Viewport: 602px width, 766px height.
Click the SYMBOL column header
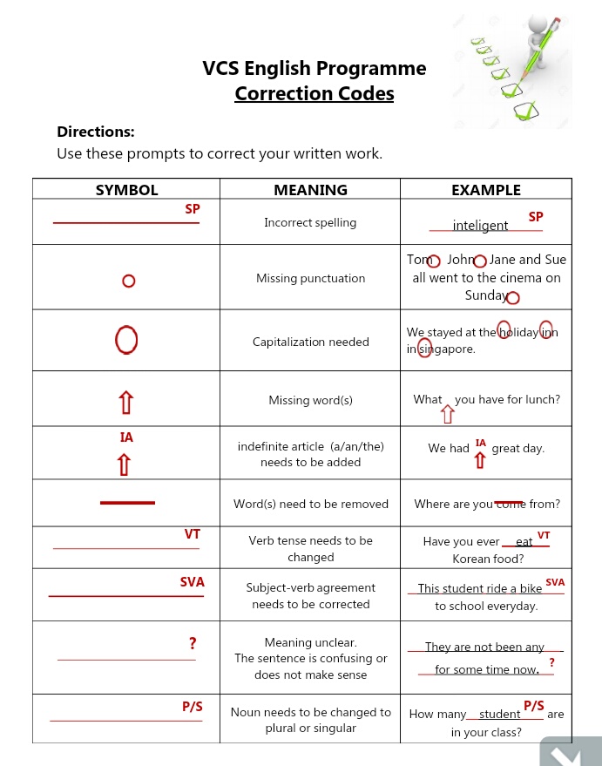pos(126,190)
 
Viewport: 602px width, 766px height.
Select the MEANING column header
pos(310,190)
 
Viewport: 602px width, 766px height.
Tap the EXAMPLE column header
pos(485,190)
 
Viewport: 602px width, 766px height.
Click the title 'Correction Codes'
pos(314,93)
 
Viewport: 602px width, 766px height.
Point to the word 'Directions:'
pos(96,132)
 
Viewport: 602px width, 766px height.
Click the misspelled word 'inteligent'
pos(480,226)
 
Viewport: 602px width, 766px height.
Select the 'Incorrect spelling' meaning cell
pos(310,222)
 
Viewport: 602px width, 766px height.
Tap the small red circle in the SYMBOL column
pos(128,281)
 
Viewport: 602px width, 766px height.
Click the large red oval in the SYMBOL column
pos(126,340)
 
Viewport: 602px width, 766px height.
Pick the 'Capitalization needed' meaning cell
pos(310,342)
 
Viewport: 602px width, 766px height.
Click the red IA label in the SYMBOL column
pos(126,437)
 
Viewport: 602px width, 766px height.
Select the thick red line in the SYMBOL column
pos(127,503)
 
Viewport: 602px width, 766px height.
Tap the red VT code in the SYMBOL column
pos(193,534)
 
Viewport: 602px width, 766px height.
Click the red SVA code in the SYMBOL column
pos(192,582)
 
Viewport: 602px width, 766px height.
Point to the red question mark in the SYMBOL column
pos(193,644)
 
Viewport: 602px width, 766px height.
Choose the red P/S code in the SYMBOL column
pos(192,707)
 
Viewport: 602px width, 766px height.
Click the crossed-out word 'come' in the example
pos(510,504)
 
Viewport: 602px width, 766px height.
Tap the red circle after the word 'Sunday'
pos(513,298)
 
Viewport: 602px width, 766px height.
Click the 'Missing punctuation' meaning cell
pos(310,278)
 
